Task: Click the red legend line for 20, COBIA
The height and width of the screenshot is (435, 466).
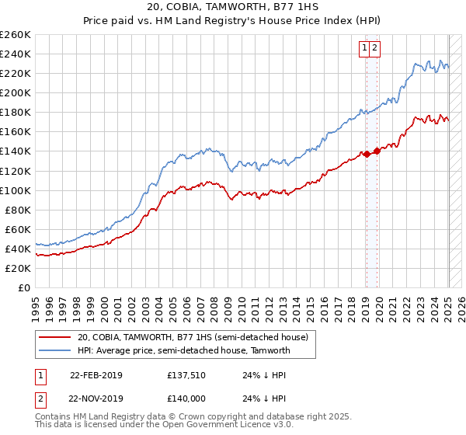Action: (x=55, y=337)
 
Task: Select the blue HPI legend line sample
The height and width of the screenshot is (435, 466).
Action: (x=55, y=350)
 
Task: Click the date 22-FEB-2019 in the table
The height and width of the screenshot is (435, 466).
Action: (x=96, y=375)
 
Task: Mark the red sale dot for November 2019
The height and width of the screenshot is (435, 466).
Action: (x=377, y=151)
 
